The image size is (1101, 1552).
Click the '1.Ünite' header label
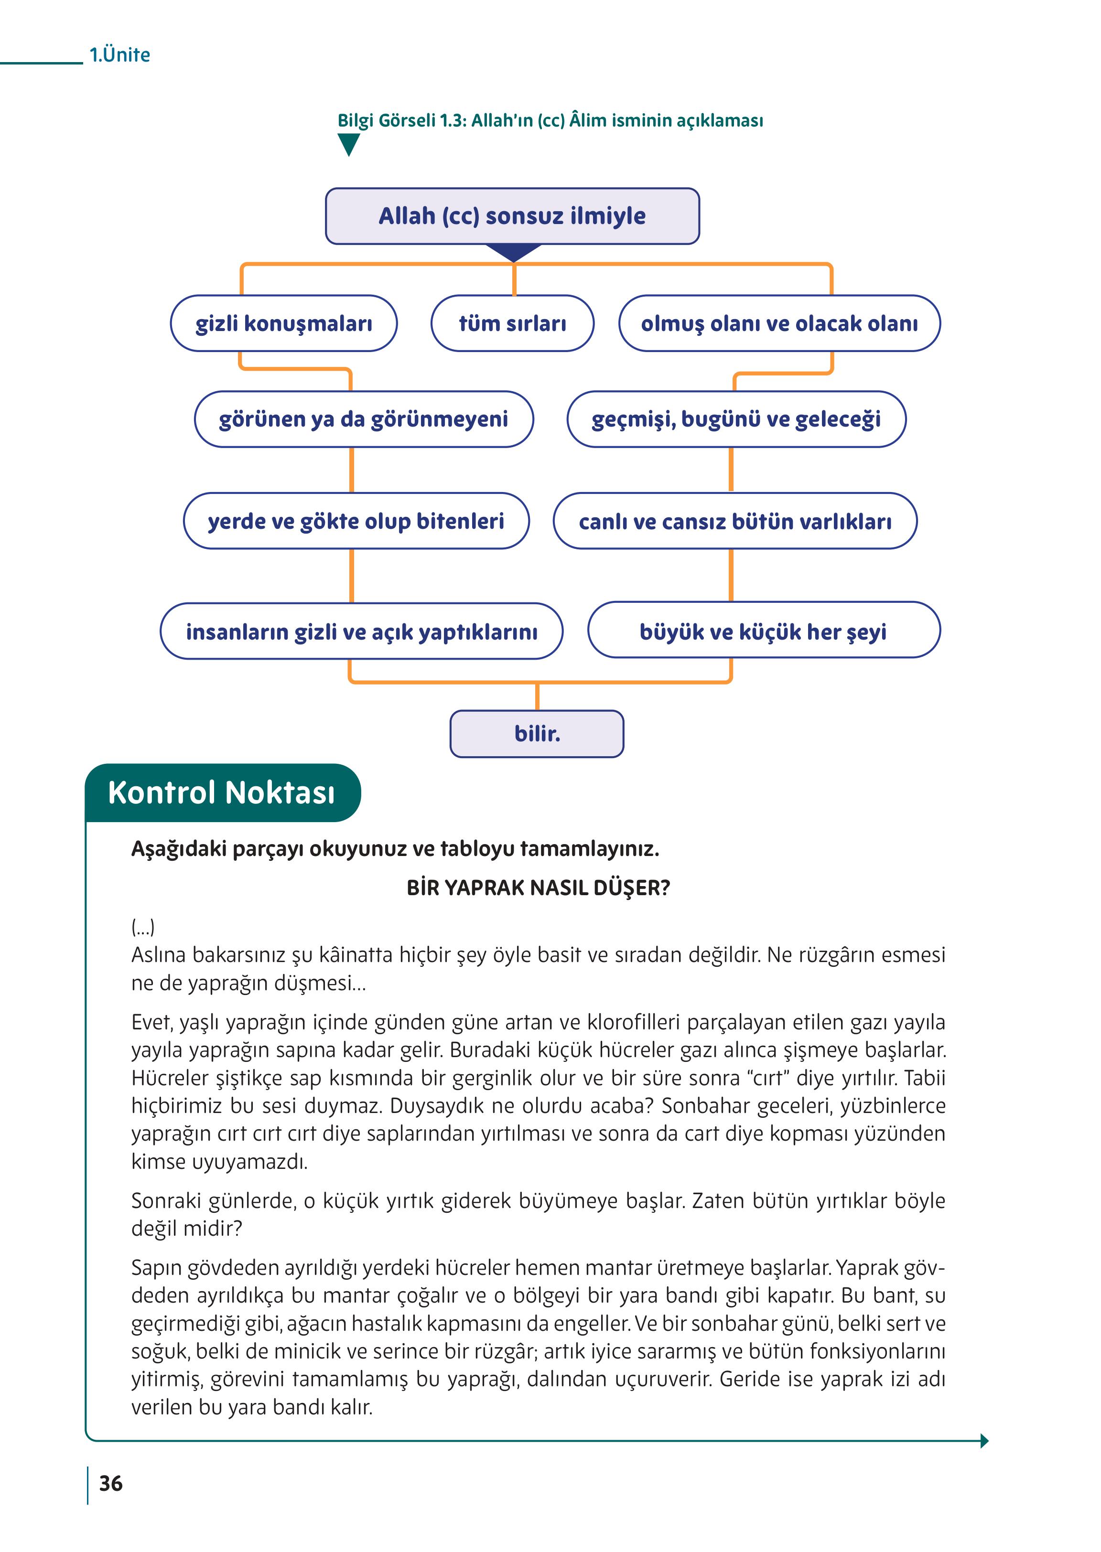click(119, 54)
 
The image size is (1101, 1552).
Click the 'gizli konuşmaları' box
click(283, 323)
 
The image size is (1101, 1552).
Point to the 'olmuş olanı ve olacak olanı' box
click(779, 323)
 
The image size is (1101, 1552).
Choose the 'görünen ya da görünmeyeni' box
click(363, 419)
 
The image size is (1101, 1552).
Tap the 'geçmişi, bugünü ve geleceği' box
click(736, 419)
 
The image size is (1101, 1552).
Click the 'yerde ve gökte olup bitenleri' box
click(356, 521)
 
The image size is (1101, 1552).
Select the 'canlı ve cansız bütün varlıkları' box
click(735, 521)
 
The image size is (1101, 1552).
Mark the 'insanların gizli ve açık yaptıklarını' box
click(361, 631)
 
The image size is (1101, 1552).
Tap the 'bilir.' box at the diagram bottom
click(537, 733)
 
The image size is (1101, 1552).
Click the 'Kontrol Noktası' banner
click(222, 792)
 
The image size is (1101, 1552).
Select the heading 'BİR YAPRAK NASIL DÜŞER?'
click(538, 888)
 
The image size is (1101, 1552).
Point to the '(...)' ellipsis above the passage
click(143, 926)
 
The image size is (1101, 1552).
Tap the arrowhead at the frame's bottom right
click(984, 1441)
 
